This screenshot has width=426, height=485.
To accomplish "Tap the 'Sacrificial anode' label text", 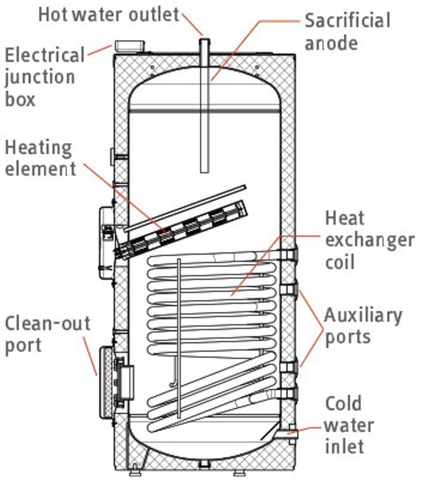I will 347,31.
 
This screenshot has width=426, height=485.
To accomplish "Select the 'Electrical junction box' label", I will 44,77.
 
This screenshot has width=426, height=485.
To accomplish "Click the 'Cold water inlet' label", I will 349,425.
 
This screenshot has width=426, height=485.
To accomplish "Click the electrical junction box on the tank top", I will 129,46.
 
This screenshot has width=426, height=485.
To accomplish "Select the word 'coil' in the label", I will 340,262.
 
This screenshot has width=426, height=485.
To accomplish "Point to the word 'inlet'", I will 344,446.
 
